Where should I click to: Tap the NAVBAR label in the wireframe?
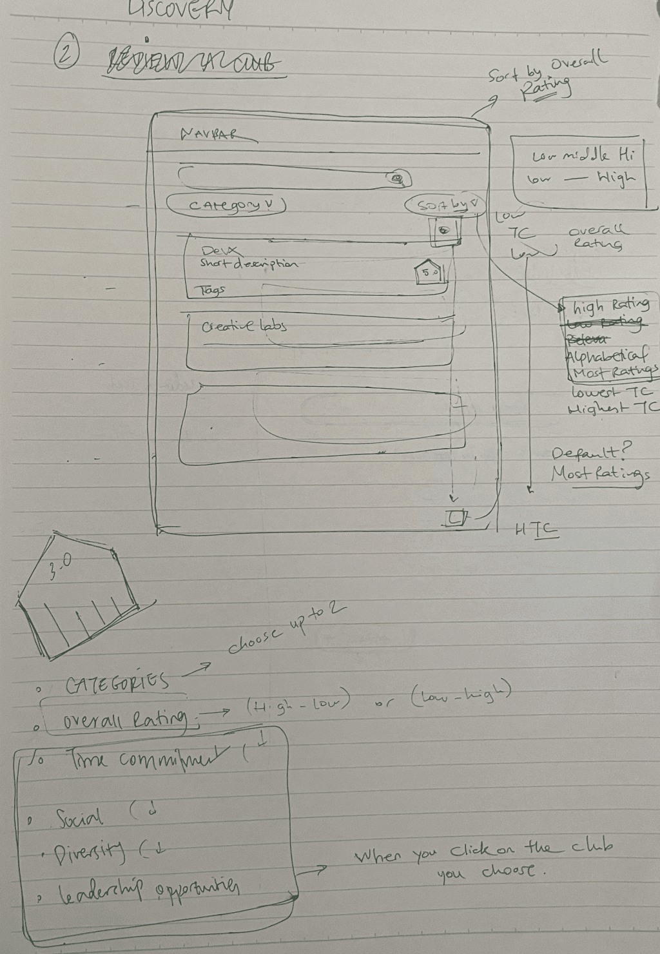click(210, 134)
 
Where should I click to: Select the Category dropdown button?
click(227, 205)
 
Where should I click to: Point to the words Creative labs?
click(244, 326)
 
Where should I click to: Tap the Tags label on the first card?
click(213, 291)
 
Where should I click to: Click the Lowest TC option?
click(611, 393)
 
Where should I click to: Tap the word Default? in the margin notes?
click(590, 453)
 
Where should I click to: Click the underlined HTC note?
click(536, 531)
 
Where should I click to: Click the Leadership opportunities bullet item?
click(149, 892)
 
